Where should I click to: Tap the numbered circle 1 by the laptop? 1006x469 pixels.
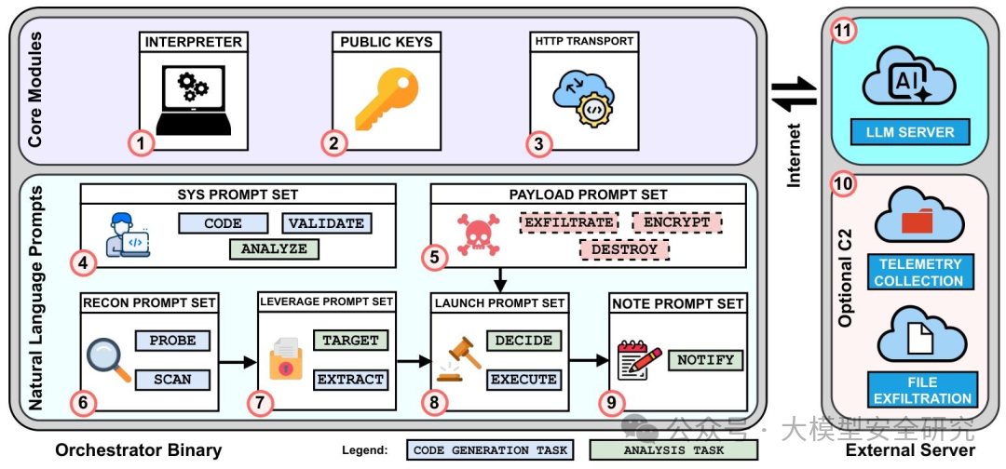point(140,143)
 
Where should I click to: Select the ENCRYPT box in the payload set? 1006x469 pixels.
point(677,223)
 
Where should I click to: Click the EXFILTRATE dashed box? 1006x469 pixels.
point(568,223)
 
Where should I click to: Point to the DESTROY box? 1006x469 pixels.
point(623,249)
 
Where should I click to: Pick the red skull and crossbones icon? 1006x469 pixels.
point(475,234)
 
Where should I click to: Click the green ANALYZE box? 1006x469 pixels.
point(274,248)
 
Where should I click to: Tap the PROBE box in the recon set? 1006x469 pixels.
point(173,341)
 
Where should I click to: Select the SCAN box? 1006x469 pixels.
point(173,380)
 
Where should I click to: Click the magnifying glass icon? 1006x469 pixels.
point(108,359)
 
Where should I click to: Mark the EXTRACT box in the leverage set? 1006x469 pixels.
point(350,380)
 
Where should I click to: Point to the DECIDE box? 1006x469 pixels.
point(523,341)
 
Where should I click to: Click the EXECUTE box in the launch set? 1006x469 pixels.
point(523,380)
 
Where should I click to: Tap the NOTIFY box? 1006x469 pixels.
point(705,360)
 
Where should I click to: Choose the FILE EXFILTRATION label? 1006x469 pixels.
point(923,391)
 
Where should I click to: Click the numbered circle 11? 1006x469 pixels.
point(843,32)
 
